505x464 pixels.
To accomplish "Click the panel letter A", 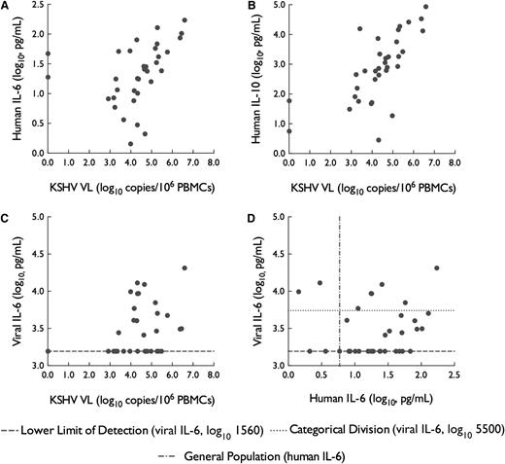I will (x=7, y=8).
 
